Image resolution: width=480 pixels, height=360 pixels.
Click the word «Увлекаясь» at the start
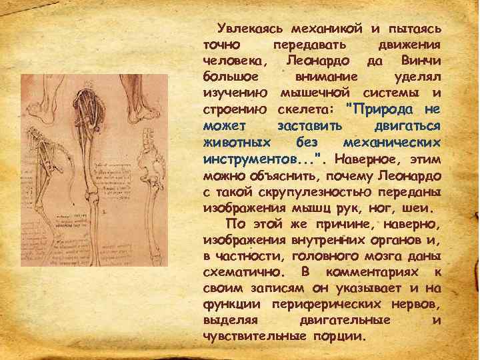click(x=249, y=29)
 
